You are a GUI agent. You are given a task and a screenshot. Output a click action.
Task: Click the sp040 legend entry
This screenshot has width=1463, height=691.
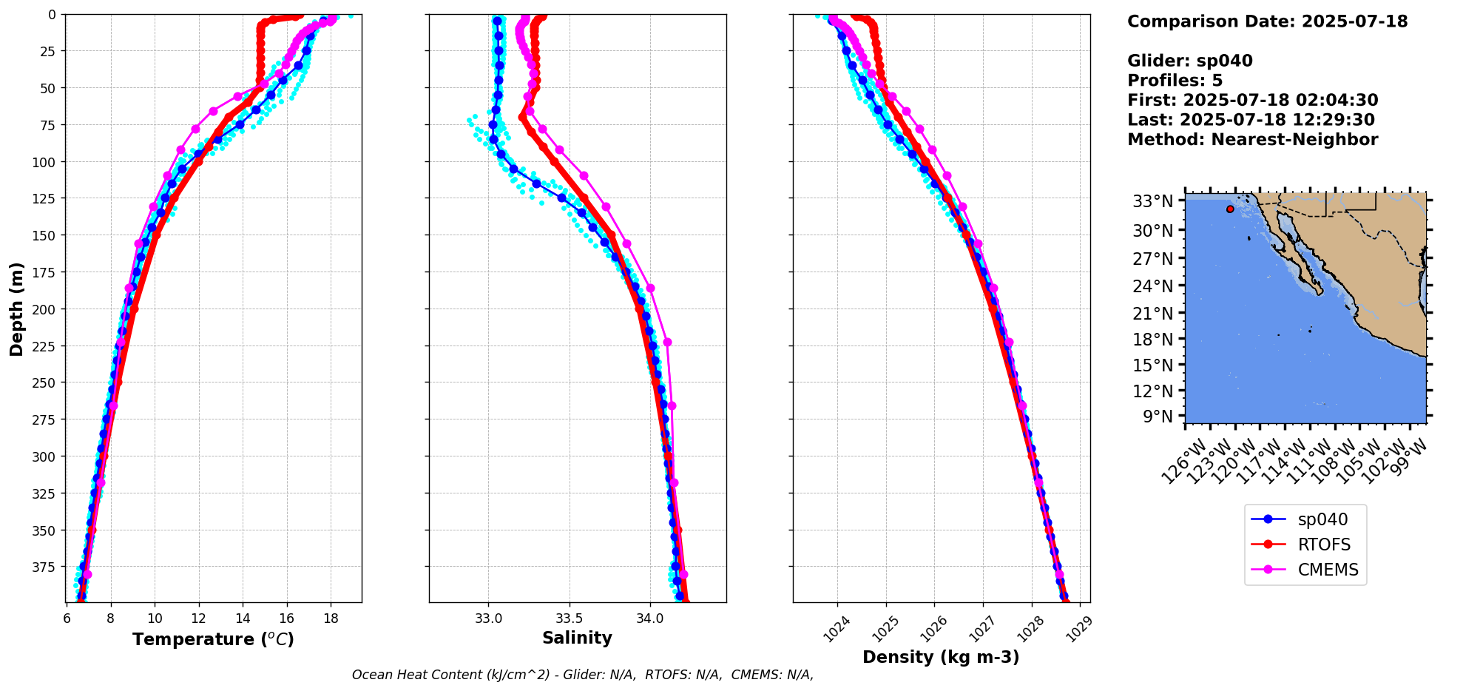1322,519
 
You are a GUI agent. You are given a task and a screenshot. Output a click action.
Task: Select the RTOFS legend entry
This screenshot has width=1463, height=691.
1323,545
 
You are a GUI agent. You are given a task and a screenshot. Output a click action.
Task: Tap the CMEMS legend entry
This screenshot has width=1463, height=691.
1328,570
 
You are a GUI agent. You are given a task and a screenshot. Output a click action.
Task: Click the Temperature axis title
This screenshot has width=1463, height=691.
213,639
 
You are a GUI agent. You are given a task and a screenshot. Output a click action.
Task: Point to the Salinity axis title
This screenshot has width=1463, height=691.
577,638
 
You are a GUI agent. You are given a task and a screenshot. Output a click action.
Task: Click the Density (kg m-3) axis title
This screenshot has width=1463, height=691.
941,657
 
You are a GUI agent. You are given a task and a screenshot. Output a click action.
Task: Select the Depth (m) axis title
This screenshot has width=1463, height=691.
16,309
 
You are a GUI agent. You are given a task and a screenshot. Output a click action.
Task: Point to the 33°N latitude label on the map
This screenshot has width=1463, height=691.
1153,201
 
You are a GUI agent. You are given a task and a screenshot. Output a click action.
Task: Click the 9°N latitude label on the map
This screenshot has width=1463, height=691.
1158,417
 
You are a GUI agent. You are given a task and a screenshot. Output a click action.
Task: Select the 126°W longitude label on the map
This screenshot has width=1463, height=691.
1182,462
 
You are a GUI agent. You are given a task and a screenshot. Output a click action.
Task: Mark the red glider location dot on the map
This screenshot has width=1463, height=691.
1230,209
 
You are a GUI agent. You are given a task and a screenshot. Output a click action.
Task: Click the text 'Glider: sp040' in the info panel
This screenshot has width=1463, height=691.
1189,61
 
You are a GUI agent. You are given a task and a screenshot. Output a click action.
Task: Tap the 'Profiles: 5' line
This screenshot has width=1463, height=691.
1175,81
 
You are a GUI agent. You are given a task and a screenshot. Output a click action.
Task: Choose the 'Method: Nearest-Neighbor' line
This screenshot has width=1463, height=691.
1252,140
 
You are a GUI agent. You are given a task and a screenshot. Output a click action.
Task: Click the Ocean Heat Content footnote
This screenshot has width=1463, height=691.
582,675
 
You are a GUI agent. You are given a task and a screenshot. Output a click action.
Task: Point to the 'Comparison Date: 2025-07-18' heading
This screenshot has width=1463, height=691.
1267,21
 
